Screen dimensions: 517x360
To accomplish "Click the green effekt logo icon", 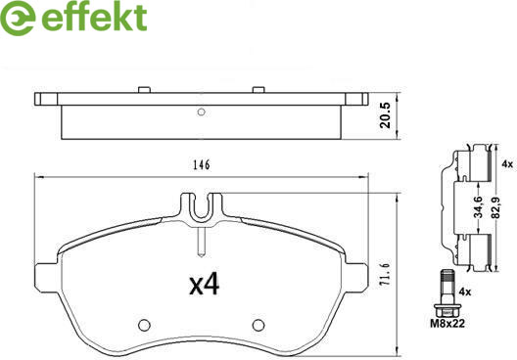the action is point(18,19).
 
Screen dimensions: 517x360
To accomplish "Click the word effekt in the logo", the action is point(94,18).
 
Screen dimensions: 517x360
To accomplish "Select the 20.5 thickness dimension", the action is point(385,115).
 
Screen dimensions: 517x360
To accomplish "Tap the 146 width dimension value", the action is point(202,164).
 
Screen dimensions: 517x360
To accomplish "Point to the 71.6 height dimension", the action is point(386,275).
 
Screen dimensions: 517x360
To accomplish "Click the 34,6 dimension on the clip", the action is point(478,206).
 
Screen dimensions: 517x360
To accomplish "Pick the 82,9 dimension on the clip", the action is point(494,206).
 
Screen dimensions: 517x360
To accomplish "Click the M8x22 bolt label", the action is point(447,323).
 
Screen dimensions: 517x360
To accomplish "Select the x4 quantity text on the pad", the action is point(204,285).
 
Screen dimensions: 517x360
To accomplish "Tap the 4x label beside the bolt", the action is point(465,292).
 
